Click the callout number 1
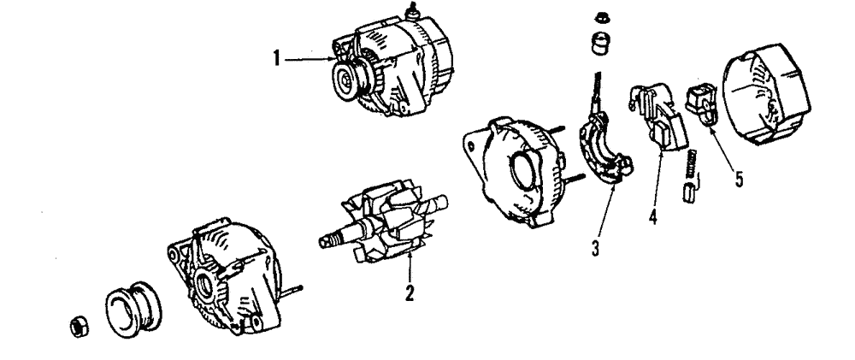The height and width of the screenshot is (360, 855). point(276,59)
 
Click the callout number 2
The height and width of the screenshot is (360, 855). point(410,293)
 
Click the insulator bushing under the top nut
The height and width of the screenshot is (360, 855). point(598,43)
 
